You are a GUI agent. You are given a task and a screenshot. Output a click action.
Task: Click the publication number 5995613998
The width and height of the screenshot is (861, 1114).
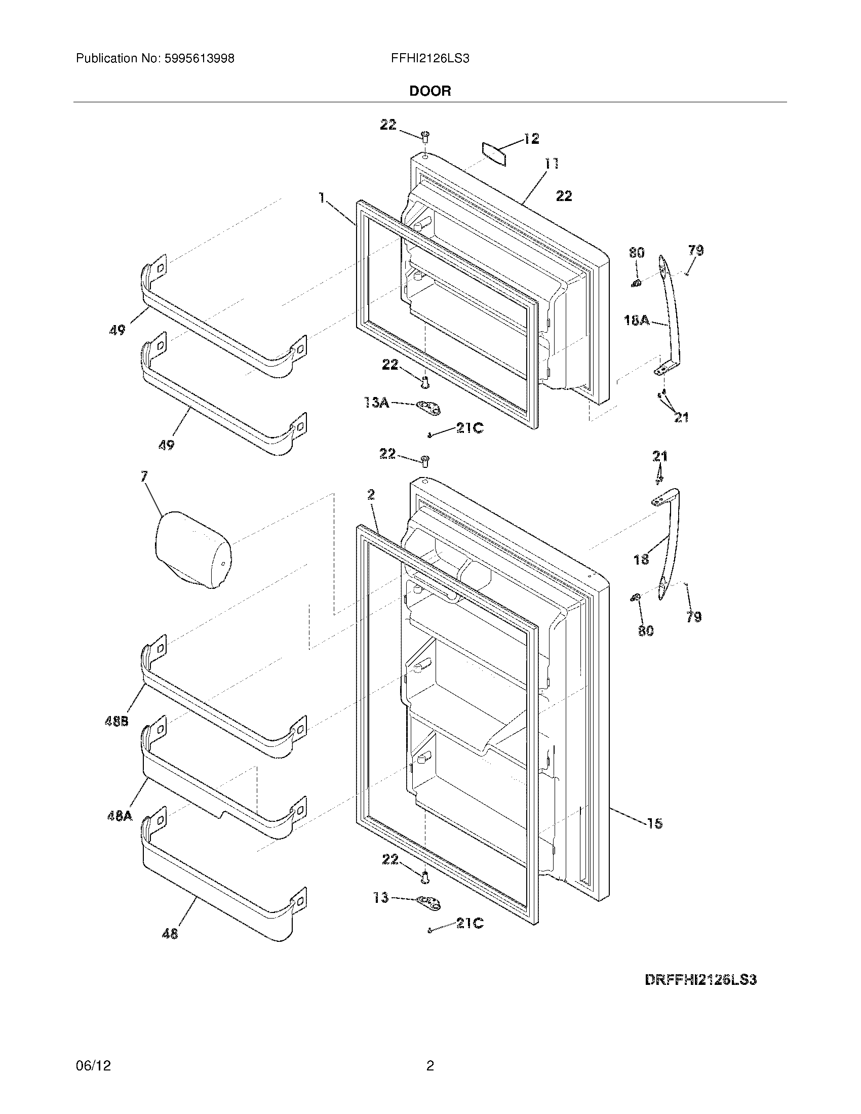[200, 59]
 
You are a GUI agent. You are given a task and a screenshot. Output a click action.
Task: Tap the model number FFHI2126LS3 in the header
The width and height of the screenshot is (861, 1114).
[430, 59]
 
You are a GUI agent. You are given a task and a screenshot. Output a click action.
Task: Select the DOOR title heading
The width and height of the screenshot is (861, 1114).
[430, 91]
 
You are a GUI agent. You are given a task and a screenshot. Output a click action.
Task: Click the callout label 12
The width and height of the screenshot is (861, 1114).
[531, 139]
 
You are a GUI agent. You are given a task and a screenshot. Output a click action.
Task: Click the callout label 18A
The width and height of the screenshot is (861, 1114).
[637, 321]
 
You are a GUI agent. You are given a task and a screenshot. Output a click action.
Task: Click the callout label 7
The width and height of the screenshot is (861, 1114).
[144, 476]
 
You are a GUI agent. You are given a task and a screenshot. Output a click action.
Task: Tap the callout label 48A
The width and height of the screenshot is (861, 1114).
[120, 816]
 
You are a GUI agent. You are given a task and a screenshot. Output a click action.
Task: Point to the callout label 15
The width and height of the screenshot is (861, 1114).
[654, 823]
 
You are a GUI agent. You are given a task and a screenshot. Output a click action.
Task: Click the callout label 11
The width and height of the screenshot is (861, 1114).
[551, 164]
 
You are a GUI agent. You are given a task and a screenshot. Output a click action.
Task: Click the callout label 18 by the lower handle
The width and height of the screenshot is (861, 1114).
[641, 560]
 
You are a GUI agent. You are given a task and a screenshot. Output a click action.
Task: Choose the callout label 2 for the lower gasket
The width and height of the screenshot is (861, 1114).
[371, 494]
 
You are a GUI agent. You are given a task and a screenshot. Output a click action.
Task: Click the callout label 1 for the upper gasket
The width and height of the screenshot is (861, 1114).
[321, 197]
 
